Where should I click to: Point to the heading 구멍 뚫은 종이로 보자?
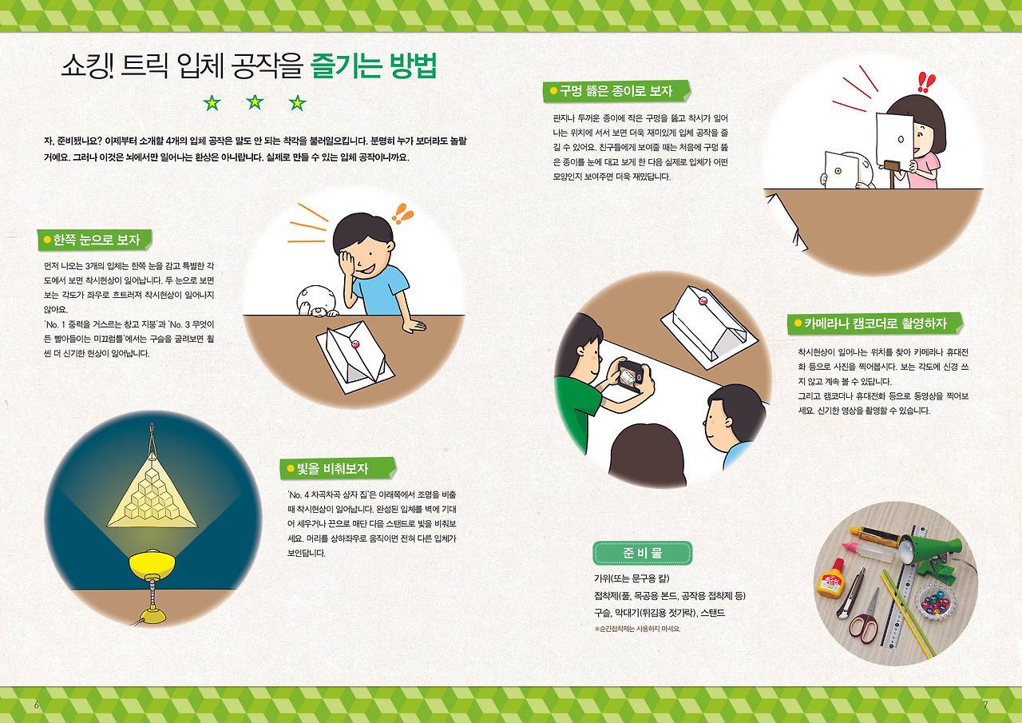616,91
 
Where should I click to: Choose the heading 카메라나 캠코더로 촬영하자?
875,324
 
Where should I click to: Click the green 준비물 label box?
642,553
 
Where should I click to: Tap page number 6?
36,705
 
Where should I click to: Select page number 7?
985,705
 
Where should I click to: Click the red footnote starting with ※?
637,629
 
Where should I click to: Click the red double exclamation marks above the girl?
926,82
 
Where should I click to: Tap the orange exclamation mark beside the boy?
403,213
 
